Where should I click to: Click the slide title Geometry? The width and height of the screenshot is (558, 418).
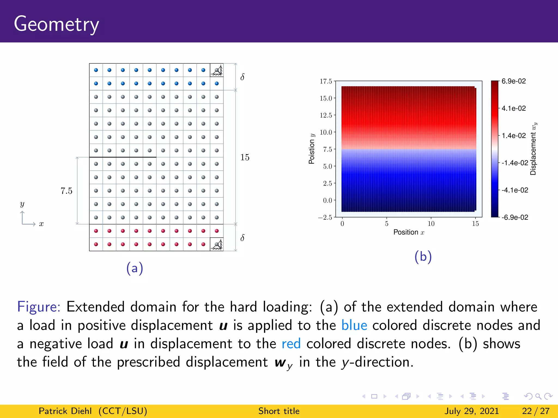click(56, 24)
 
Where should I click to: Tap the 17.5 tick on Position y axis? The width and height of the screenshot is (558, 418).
click(326, 81)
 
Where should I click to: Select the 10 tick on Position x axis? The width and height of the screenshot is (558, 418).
click(431, 224)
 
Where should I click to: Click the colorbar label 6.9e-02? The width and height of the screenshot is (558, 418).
click(514, 81)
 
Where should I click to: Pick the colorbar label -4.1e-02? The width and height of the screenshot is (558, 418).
click(515, 190)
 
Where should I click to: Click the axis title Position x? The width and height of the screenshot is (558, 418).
click(409, 232)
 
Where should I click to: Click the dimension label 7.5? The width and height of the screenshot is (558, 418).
click(66, 191)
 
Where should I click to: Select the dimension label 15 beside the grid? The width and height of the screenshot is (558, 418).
click(245, 157)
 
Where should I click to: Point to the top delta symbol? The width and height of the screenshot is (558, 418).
click(242, 77)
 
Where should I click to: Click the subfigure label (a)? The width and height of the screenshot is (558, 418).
click(135, 268)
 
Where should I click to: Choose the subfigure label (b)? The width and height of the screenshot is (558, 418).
click(423, 257)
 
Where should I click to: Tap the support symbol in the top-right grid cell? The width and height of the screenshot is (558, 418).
click(217, 70)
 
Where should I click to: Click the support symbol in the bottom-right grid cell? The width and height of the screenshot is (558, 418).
click(217, 244)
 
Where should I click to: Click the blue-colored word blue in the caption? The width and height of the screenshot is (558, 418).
click(354, 325)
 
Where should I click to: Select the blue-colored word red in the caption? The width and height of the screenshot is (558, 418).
click(291, 344)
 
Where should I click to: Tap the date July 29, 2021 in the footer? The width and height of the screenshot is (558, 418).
click(472, 411)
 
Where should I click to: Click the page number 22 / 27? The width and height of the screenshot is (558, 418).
click(536, 411)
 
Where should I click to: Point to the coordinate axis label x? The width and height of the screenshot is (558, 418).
click(41, 224)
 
